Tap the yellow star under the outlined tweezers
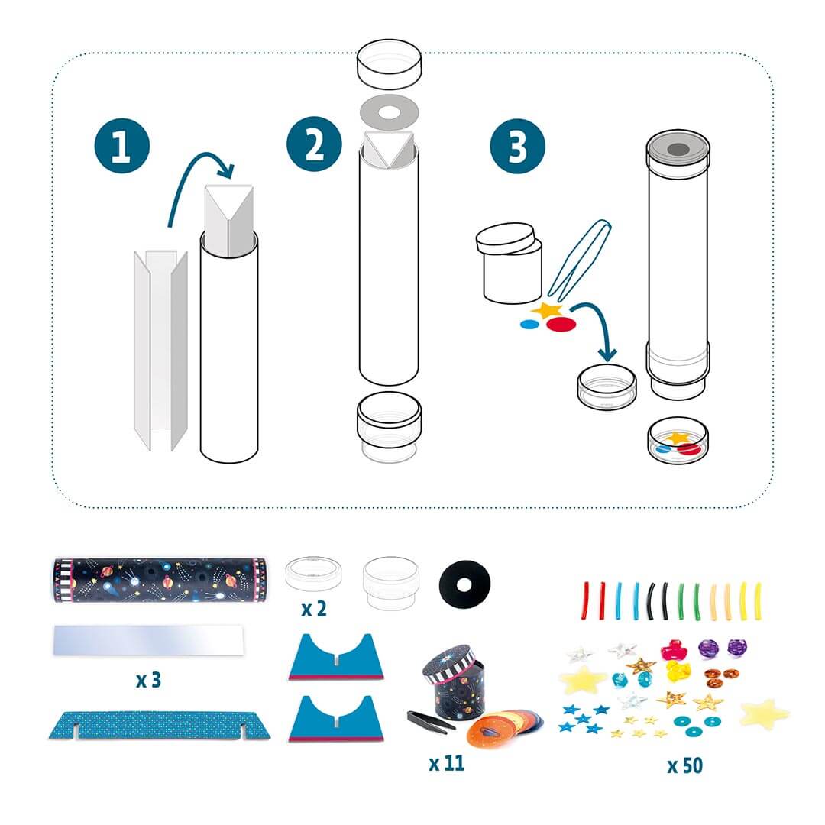click(x=548, y=309)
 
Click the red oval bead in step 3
click(x=564, y=324)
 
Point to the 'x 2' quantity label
click(x=312, y=610)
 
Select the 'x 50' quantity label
click(x=684, y=764)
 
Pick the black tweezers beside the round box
click(x=432, y=720)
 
